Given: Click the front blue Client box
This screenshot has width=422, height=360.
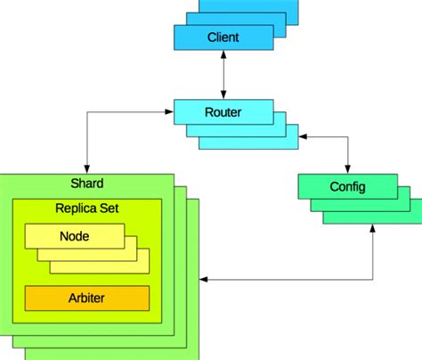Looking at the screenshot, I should click(223, 37).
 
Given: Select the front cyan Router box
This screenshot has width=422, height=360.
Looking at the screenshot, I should click(223, 112).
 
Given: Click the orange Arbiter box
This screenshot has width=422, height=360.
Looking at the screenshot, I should click(86, 298).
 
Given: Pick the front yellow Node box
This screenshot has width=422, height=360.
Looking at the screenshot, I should click(74, 236).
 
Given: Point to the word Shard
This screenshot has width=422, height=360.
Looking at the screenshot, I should click(86, 184).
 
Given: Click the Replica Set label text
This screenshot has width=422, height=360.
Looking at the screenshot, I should click(86, 209).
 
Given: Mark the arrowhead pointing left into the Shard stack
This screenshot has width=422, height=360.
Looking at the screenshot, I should click(204, 282).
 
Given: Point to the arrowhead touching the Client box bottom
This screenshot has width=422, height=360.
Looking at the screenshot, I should click(223, 55).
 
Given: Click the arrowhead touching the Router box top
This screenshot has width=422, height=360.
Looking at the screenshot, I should click(223, 95).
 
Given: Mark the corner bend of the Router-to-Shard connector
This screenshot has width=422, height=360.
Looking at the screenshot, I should click(86, 112).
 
